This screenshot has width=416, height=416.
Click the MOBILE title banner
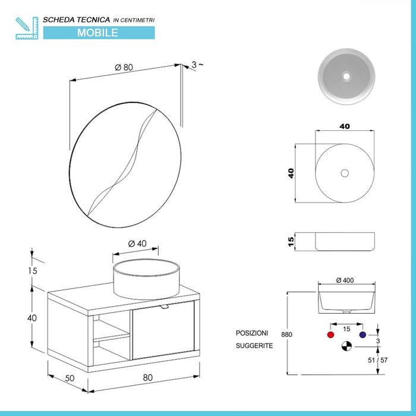98,33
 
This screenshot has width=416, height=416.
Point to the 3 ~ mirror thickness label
198,65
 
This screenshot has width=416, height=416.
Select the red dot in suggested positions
330,335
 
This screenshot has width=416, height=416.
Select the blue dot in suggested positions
362,335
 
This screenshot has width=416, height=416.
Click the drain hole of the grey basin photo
346,76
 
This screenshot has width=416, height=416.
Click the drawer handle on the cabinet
165,306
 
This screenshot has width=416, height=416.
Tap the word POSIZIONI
252,333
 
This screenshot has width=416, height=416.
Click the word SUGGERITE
254,345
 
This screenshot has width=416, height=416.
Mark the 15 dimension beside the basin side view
291,241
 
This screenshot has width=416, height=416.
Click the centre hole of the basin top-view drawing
345,173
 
